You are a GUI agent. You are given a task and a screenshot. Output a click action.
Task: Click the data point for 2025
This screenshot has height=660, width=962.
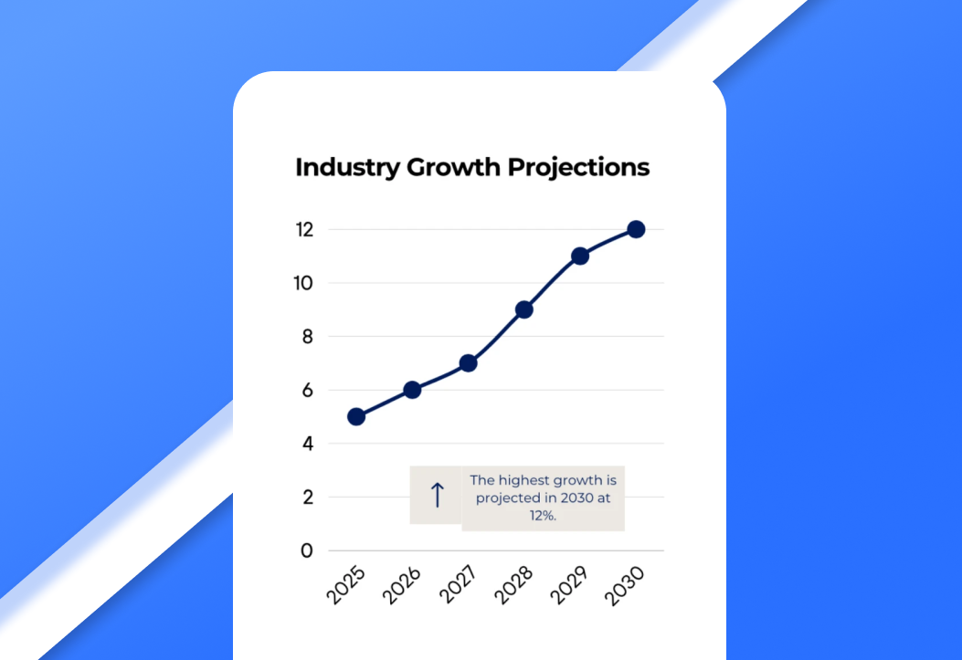tap(356, 416)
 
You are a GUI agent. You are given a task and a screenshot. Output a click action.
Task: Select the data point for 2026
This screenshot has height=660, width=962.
tap(412, 390)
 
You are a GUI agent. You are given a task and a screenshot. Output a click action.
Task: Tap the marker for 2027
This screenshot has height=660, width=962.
tap(468, 363)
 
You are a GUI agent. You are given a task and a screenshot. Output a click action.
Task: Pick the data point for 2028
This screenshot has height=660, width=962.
tap(523, 309)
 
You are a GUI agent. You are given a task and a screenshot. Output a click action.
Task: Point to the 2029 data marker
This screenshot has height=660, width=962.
tap(580, 256)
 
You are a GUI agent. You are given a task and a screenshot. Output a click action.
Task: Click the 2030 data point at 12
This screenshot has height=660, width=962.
tap(636, 229)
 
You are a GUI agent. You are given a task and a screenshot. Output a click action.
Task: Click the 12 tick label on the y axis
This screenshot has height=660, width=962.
tap(303, 230)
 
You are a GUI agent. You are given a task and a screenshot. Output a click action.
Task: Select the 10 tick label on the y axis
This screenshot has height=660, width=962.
tap(303, 283)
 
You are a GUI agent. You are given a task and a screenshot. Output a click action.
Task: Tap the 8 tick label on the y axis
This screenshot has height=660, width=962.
tap(307, 337)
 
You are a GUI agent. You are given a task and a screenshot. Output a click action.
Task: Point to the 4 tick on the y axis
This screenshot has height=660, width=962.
tap(307, 444)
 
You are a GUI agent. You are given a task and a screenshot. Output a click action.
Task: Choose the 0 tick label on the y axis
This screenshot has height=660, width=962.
tap(307, 550)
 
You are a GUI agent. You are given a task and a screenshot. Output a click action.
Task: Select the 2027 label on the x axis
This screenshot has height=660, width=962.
tap(459, 586)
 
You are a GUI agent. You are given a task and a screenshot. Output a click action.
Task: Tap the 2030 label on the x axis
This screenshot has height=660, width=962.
tap(627, 586)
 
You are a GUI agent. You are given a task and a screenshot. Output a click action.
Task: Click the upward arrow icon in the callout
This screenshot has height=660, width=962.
tap(437, 495)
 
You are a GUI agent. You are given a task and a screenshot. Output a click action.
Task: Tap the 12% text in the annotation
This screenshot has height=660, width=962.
tap(543, 515)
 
